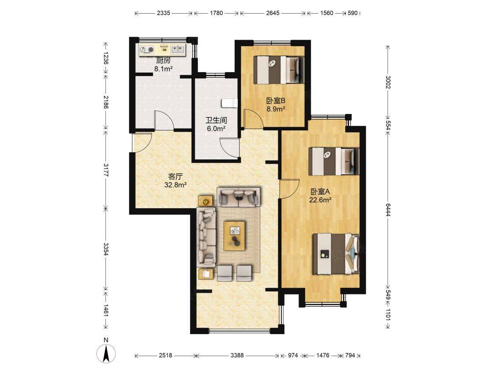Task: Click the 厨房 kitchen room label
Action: coord(163,60)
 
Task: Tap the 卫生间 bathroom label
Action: coord(216,120)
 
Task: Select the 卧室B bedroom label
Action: coord(276,101)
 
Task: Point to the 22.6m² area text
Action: coord(320,200)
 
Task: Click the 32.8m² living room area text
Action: coord(176,185)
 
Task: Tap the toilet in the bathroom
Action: coord(229,103)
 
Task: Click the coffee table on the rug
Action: coord(234,236)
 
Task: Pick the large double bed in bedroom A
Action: coord(336,254)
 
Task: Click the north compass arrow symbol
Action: coord(107,353)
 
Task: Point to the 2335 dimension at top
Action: coord(163,13)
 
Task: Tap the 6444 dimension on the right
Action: coord(388,209)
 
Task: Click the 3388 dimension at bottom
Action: coord(237,355)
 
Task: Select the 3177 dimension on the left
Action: coord(106,170)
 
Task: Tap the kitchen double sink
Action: coord(178,49)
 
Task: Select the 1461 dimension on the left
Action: coord(106,311)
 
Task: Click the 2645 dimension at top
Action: coord(273,13)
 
